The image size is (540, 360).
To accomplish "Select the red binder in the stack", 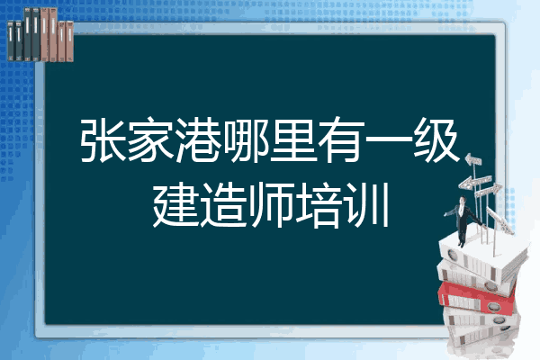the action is (477, 297).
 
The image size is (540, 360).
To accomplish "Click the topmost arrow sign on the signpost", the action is (473, 160).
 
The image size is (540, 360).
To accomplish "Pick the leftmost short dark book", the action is (11, 40).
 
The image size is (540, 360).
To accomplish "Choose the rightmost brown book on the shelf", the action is (69, 41).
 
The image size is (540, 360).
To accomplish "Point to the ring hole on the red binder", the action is (493, 306).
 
